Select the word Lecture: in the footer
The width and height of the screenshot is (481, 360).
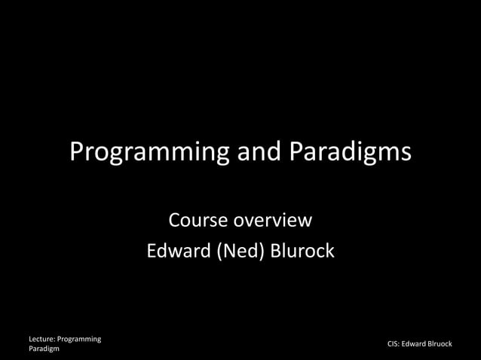(43, 340)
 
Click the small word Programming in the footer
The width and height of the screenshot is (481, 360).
(81, 340)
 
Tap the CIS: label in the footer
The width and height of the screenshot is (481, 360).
(394, 344)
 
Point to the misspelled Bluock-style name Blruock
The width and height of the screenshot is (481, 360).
(440, 344)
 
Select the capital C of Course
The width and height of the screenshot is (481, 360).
(174, 221)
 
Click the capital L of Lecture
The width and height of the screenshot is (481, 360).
(30, 340)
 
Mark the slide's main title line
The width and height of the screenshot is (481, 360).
(240, 153)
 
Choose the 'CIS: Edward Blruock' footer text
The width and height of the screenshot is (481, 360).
(419, 344)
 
